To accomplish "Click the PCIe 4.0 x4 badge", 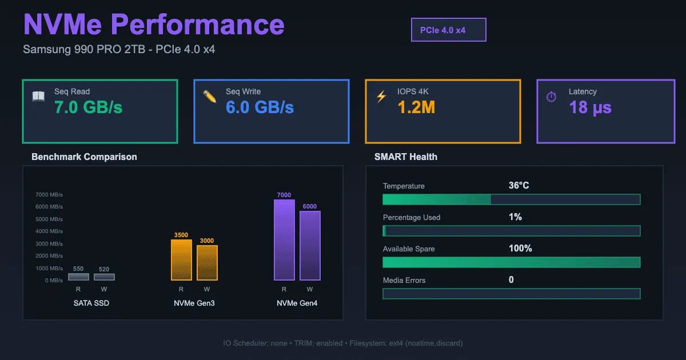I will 448,30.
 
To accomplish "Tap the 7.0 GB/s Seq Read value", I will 88,107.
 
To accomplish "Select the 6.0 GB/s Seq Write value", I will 260,107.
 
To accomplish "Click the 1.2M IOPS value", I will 416,107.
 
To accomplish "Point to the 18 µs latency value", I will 590,107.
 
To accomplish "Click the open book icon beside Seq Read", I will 38,97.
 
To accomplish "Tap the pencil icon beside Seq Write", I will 210,97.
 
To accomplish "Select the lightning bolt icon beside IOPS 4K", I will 381,97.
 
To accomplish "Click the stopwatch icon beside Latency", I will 551,97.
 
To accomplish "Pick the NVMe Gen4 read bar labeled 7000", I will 284,240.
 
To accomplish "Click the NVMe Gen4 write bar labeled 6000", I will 310,246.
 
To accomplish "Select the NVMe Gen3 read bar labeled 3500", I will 181,260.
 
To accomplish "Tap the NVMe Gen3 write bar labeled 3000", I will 207,263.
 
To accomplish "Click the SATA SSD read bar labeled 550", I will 78,277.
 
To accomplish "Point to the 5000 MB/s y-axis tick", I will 49,219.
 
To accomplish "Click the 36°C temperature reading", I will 519,186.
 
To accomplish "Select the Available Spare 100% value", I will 520,249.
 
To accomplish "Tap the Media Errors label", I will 404,280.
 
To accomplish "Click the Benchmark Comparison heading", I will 84,157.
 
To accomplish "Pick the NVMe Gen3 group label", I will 194,303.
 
